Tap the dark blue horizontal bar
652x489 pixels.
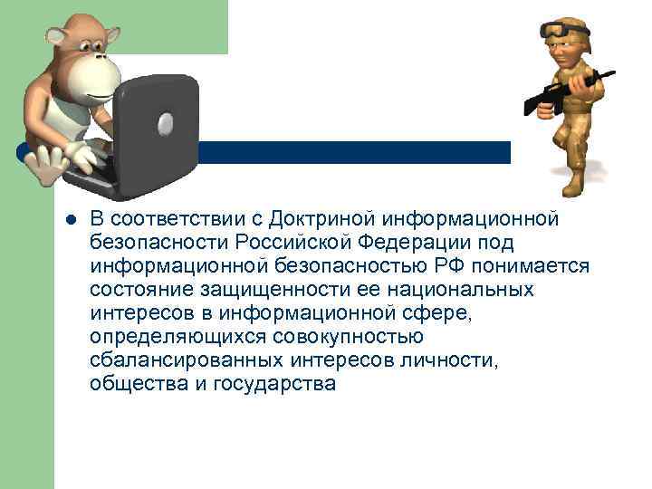tap(362, 152)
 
